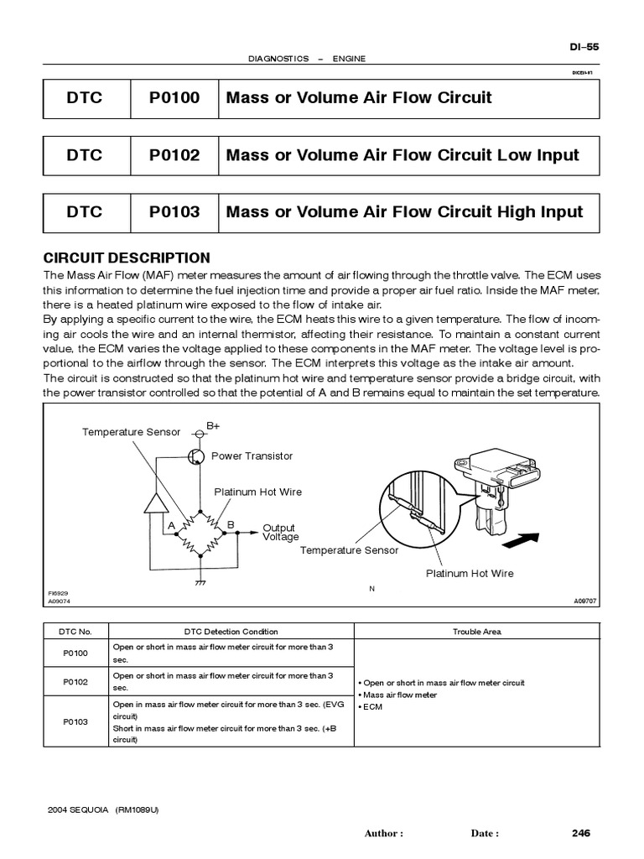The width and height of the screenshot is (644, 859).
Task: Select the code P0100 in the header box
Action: pos(174,98)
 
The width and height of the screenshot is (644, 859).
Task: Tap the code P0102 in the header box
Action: pos(174,155)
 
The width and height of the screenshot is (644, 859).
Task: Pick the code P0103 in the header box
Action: pos(174,212)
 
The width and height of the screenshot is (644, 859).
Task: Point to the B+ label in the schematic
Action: pos(214,426)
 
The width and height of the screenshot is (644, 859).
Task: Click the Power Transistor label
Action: pos(252,456)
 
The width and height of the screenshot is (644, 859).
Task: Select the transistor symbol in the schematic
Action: pos(196,456)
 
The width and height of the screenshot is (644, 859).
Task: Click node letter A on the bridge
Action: pos(171,525)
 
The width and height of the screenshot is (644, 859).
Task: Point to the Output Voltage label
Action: pos(280,533)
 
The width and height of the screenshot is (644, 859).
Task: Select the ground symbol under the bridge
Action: pos(200,580)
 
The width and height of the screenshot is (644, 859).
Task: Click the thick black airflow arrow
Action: pos(520,543)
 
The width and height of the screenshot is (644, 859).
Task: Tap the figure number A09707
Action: pos(584,601)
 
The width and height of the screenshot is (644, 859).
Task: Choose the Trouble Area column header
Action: pos(477,632)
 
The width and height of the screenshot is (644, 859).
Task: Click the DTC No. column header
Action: pos(75,632)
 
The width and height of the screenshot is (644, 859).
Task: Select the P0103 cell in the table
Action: pos(75,721)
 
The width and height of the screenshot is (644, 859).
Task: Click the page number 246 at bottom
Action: pos(581,833)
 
